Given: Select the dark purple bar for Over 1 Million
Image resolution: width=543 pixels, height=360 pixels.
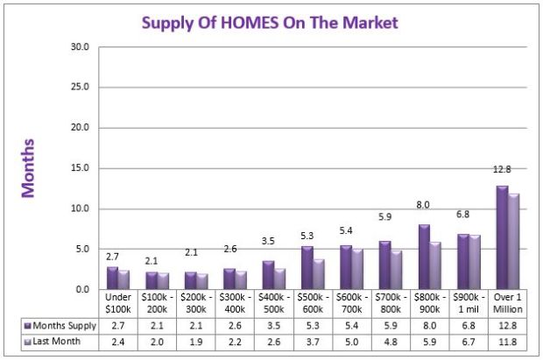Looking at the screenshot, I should pyautogui.click(x=502, y=237).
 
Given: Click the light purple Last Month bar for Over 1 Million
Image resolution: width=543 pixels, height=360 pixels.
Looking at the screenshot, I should pyautogui.click(x=513, y=242).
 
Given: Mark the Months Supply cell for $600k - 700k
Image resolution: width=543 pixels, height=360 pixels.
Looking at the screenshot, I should pyautogui.click(x=354, y=326).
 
